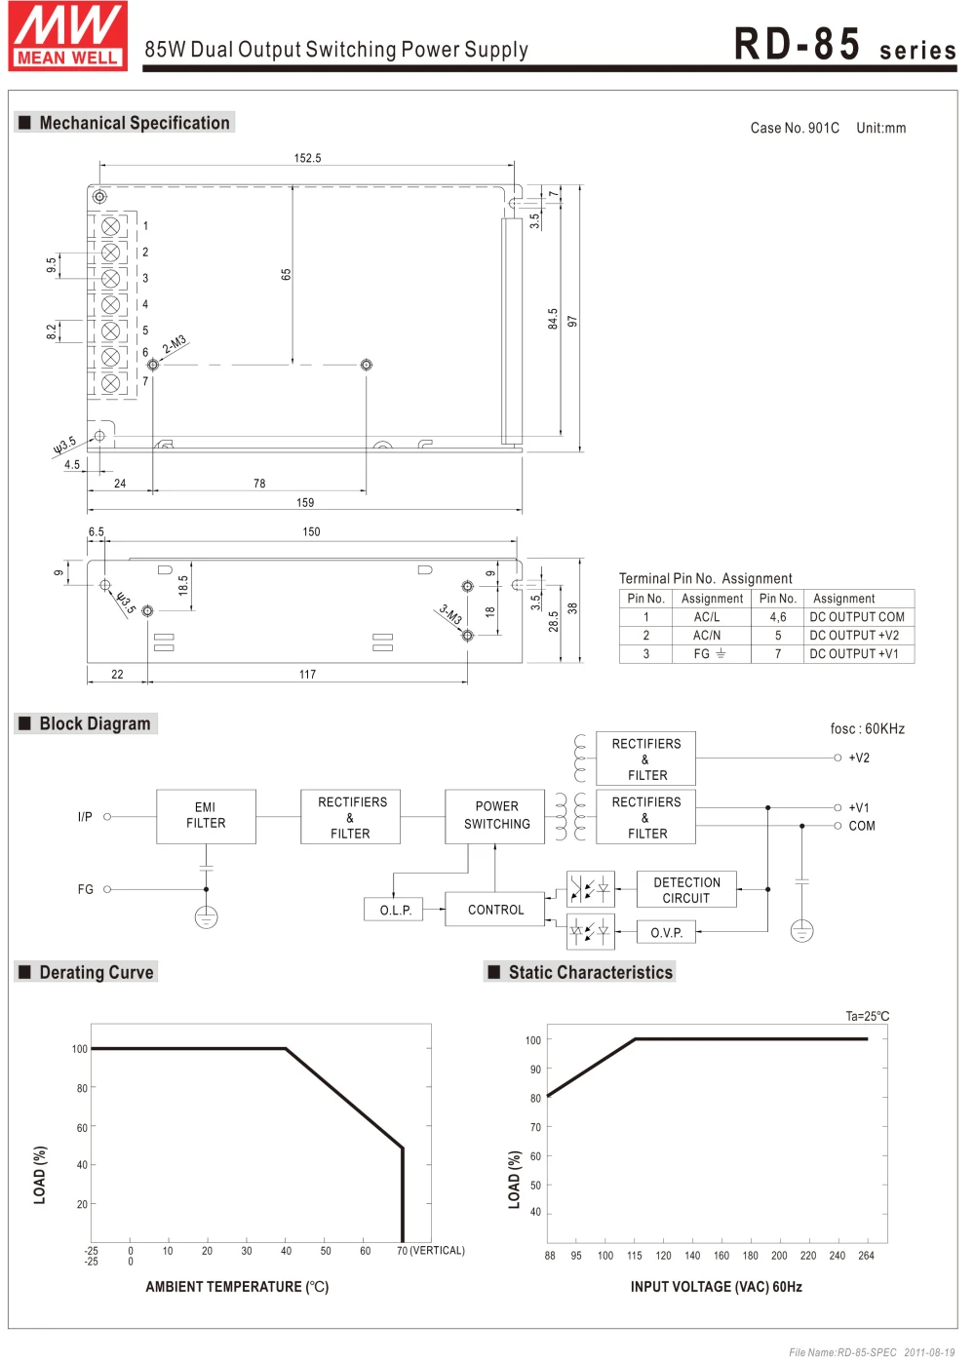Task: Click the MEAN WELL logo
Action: (68, 35)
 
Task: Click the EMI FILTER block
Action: (206, 816)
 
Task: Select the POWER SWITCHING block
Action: (494, 816)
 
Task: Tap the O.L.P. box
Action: (393, 909)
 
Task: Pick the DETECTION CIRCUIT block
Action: (686, 889)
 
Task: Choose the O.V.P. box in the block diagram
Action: (666, 931)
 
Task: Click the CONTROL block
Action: (494, 909)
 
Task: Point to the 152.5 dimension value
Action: (307, 158)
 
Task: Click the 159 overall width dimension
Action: (305, 502)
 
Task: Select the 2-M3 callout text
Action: (174, 344)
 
